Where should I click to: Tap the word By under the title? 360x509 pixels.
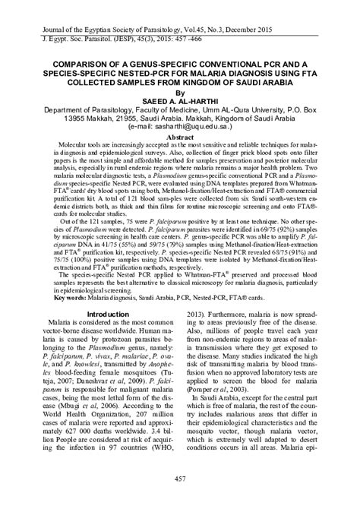coord(180,90)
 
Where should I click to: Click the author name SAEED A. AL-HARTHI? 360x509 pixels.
coord(180,100)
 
